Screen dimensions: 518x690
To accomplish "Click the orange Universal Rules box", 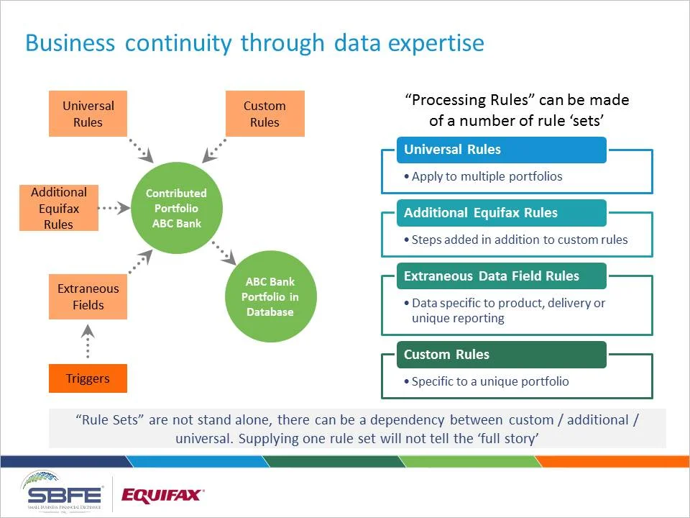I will point(88,114).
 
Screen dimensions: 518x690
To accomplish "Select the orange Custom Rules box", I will point(264,114).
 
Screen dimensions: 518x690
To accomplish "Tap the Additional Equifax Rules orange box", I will point(59,208).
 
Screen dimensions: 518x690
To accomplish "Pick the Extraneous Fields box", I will point(88,296).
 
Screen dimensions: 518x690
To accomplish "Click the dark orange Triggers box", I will point(88,378).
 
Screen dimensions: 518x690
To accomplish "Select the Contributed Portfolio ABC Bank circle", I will point(176,208).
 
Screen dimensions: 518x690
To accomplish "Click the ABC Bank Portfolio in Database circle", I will point(270,296).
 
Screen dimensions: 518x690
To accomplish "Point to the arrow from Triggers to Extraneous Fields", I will point(88,341).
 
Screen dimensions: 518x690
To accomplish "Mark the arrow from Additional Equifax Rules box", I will point(114,208).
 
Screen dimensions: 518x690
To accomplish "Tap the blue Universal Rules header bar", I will point(501,150).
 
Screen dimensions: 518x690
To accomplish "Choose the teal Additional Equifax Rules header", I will point(501,213).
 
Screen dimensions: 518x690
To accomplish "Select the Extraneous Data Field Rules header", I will point(501,276).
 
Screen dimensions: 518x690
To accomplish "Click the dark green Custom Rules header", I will point(501,355).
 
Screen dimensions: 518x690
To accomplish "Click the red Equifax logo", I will point(162,495).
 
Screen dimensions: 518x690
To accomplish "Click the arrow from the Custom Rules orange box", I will point(214,150).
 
